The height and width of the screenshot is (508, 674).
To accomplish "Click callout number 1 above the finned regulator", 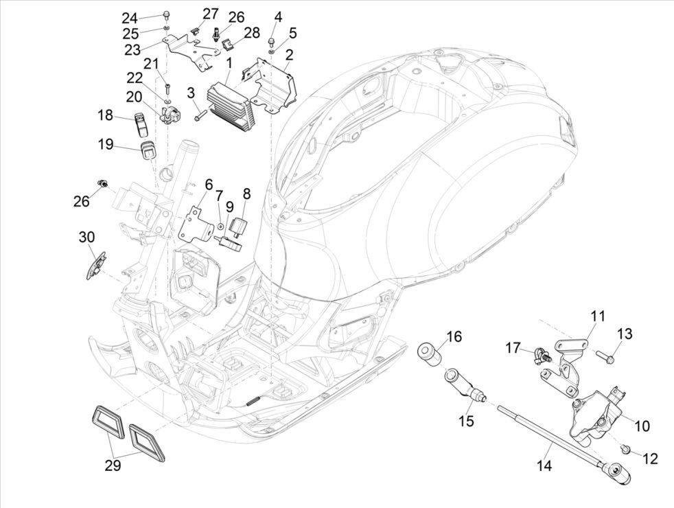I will (x=229, y=64).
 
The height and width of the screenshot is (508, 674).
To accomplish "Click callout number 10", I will (x=640, y=426).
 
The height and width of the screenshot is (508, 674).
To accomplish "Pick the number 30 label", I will (x=86, y=238).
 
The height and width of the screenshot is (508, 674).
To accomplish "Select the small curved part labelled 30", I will (x=95, y=265).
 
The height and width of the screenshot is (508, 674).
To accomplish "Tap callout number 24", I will (x=130, y=18).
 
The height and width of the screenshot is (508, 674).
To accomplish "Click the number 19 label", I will (x=105, y=145).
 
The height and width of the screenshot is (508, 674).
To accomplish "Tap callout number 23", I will (x=132, y=49).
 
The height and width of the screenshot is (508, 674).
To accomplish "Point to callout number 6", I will (x=209, y=185).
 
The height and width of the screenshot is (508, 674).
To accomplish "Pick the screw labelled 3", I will (x=201, y=117).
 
